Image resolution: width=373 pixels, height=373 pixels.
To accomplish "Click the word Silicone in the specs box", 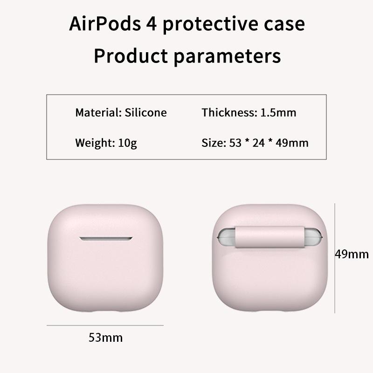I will (x=145, y=112).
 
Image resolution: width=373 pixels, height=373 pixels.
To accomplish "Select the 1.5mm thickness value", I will (x=278, y=112).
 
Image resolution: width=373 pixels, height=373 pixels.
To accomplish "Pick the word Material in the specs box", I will (x=98, y=112).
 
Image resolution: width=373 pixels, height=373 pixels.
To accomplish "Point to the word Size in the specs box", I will (x=213, y=143).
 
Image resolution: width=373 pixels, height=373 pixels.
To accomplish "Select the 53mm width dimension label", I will (x=106, y=337).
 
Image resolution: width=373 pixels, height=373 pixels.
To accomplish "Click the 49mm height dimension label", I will (x=352, y=254).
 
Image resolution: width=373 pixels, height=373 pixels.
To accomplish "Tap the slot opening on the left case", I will (x=106, y=239).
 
